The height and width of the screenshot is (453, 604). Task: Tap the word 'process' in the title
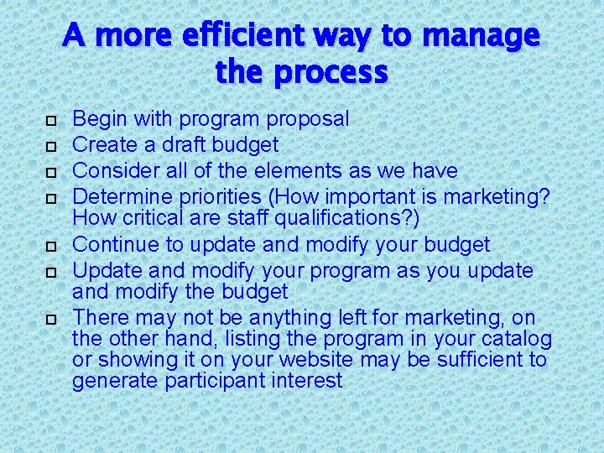(x=334, y=73)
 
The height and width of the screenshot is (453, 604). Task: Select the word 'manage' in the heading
(x=481, y=35)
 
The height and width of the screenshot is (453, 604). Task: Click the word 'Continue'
(x=114, y=245)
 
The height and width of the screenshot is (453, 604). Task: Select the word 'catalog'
(x=516, y=339)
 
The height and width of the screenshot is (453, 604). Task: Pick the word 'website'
(x=312, y=360)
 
